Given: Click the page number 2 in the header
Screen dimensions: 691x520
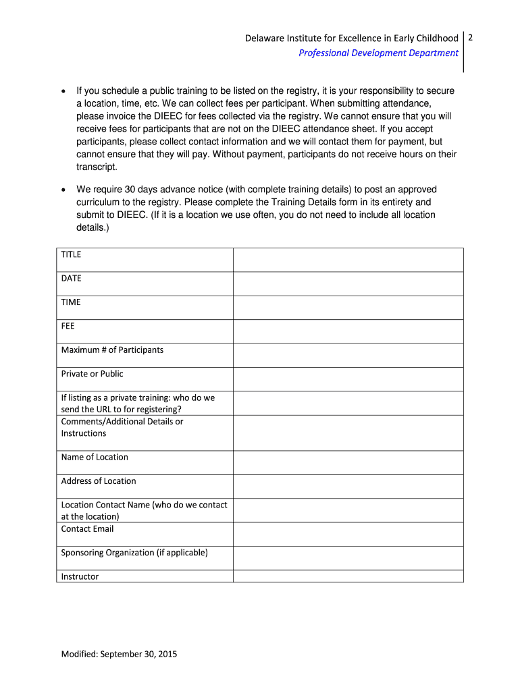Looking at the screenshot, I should tap(470, 38).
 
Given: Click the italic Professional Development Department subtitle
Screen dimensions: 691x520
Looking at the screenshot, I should tap(378, 53).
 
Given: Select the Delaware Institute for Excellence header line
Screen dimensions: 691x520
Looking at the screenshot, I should tap(351, 38).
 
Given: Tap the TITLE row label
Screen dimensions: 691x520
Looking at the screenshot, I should tap(71, 254).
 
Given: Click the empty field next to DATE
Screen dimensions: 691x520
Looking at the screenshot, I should tap(348, 283).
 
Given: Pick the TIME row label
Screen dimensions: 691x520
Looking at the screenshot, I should tap(71, 302).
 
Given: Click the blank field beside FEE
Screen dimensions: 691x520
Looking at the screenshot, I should tap(348, 331).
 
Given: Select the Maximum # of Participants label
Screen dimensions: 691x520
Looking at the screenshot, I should tap(112, 350).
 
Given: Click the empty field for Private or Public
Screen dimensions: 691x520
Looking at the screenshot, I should tap(348, 379).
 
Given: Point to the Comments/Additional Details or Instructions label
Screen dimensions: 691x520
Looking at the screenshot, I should tap(122, 427).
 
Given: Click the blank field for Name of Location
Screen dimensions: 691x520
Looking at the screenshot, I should tap(348, 462).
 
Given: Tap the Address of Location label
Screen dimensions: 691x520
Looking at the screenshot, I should tap(99, 481).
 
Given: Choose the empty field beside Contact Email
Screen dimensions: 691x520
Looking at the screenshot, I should tap(348, 534).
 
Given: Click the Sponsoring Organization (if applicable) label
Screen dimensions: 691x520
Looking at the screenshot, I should tap(134, 553).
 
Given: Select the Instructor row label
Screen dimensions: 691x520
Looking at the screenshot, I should tap(80, 577).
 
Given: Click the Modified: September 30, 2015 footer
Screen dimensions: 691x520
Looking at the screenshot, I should tap(119, 654).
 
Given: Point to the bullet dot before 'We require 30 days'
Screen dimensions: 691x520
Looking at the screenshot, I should tap(63, 190).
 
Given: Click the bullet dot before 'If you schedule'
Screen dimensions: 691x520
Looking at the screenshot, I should tap(63, 91).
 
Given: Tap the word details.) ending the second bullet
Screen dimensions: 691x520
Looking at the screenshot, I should tap(93, 228).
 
